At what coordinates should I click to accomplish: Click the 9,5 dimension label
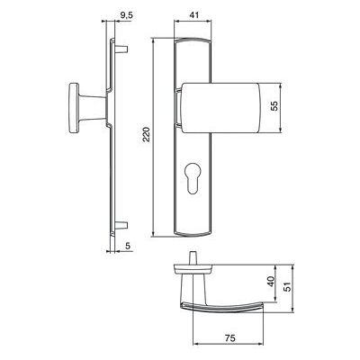click(126, 16)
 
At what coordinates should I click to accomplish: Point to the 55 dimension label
click(274, 106)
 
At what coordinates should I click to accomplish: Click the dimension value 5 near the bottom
click(128, 246)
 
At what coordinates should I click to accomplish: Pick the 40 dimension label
click(271, 282)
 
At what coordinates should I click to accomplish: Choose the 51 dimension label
click(287, 287)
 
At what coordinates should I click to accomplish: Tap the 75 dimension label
click(229, 337)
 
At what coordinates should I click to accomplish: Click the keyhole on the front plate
click(193, 179)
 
